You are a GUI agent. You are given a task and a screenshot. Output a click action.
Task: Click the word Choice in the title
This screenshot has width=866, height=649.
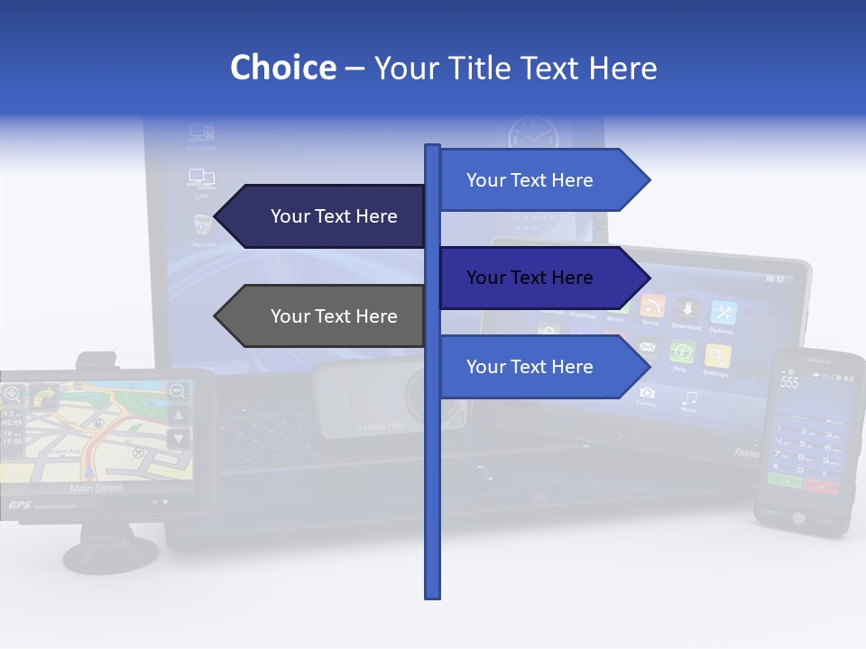[282, 68]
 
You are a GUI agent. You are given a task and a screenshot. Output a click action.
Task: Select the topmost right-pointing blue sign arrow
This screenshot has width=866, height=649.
[541, 180]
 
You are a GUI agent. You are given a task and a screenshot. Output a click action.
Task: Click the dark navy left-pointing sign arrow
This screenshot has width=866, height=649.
[325, 216]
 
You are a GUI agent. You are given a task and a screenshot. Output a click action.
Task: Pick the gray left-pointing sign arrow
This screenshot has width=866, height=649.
[325, 316]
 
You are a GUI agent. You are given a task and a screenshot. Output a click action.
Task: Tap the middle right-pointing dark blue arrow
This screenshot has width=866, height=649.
[541, 278]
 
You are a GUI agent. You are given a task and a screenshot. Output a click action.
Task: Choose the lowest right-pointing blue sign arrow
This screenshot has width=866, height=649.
[541, 367]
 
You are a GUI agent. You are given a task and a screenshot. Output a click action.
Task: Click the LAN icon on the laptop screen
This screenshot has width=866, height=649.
[200, 178]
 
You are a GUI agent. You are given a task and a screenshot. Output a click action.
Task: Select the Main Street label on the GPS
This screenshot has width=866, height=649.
[97, 488]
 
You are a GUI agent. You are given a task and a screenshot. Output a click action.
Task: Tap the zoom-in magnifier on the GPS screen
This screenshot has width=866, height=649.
[12, 393]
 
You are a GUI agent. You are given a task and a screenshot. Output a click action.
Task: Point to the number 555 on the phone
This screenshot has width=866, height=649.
[789, 382]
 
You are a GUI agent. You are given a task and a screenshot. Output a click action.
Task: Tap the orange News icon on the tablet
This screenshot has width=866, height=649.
[651, 306]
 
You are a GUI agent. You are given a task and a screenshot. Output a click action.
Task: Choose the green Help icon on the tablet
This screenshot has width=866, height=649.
[682, 352]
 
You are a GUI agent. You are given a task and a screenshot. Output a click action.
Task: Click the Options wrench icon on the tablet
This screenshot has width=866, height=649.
[723, 313]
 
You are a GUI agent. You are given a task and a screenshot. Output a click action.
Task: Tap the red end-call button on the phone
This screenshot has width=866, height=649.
[821, 486]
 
